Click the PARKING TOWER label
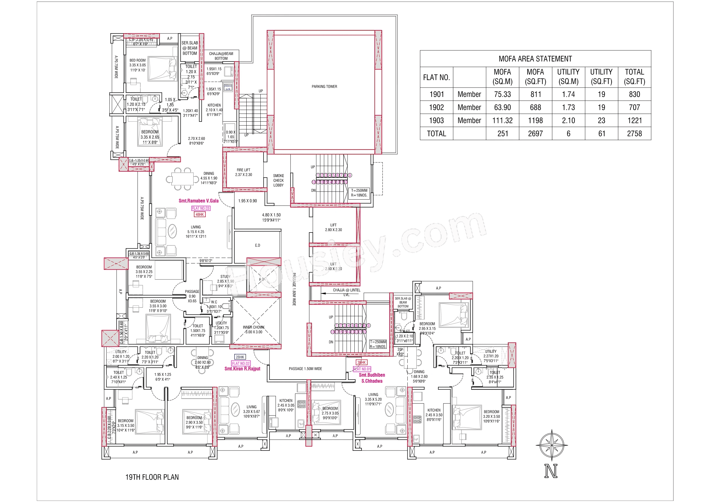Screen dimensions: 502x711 (324, 87)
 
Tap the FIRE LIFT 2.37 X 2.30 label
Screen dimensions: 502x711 (243, 172)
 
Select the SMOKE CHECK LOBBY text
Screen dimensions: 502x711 (278, 180)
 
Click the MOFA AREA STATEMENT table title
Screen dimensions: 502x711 (535, 59)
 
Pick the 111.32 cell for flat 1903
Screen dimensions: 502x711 (502, 121)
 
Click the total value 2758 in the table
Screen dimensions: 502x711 (634, 134)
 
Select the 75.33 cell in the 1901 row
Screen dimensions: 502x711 (502, 94)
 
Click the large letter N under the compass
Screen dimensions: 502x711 (551, 471)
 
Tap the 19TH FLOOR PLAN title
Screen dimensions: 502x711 (152, 477)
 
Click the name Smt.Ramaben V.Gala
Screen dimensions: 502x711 (199, 201)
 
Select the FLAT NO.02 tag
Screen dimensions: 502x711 (241, 364)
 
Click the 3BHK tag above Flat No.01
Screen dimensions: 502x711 (362, 362)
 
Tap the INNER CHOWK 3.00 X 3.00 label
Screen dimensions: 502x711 (254, 330)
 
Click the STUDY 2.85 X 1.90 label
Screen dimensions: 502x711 (225, 281)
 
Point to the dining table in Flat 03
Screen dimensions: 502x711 (182, 179)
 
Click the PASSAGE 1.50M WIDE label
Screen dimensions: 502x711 (305, 369)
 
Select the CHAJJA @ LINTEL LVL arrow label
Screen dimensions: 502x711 (346, 292)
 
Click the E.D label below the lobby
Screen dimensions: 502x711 (258, 245)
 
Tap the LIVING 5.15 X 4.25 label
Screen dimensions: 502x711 (196, 232)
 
